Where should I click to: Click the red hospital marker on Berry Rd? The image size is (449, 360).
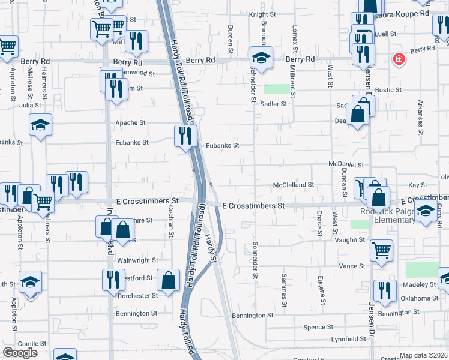pyautogui.click(x=398, y=59)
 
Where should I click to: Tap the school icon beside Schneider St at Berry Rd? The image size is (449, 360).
pyautogui.click(x=261, y=58)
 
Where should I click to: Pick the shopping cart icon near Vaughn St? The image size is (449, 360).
pyautogui.click(x=381, y=251)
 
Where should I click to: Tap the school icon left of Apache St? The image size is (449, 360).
pyautogui.click(x=41, y=125)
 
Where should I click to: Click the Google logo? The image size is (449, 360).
pyautogui.click(x=20, y=353)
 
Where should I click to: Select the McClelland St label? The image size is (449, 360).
pyautogui.click(x=294, y=185)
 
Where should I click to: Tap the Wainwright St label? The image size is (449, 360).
pyautogui.click(x=137, y=260)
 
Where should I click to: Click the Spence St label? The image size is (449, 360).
pyautogui.click(x=318, y=327)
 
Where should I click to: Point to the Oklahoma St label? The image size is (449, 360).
pyautogui.click(x=420, y=298)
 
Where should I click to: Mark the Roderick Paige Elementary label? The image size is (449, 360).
pyautogui.click(x=387, y=215)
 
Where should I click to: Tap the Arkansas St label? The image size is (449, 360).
pyautogui.click(x=420, y=115)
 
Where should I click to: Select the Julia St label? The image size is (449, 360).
pyautogui.click(x=31, y=105)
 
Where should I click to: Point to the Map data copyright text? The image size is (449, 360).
pyautogui.click(x=423, y=355)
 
